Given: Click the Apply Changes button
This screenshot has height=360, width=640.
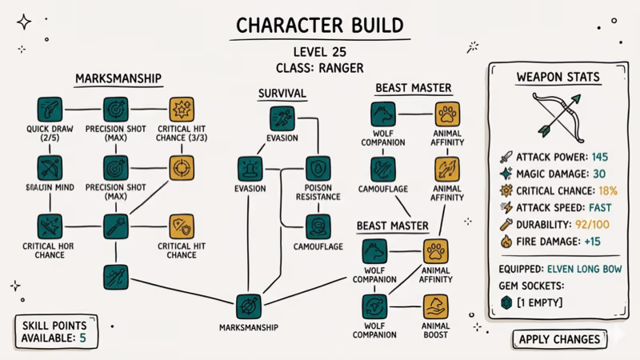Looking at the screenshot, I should point(559,339).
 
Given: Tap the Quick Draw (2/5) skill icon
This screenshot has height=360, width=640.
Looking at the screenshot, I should point(50,110).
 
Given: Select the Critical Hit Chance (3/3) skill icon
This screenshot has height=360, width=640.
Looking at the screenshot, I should point(182,110).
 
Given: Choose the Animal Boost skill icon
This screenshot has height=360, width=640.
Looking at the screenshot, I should point(434,306).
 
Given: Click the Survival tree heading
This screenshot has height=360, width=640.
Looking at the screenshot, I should point(282,94).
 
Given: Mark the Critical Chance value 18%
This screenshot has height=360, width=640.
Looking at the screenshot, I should point(607,191).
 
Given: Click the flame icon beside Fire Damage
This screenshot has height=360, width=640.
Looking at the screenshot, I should point(505,242).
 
